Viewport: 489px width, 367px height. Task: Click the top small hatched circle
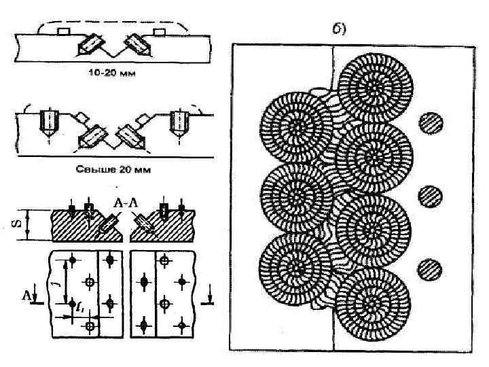430,123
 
